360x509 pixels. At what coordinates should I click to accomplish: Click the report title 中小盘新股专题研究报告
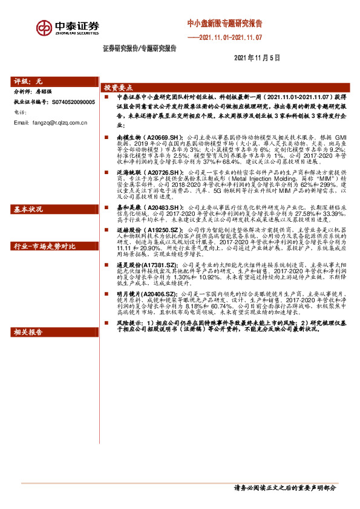224,24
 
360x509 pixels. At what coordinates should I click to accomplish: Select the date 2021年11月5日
257,59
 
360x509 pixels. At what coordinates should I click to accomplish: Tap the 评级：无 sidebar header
29,81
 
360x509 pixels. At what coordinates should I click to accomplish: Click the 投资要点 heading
118,86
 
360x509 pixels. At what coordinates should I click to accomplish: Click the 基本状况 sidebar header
28,209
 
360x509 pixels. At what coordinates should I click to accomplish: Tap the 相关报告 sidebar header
28,332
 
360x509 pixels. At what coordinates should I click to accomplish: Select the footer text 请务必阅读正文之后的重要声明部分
284,488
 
